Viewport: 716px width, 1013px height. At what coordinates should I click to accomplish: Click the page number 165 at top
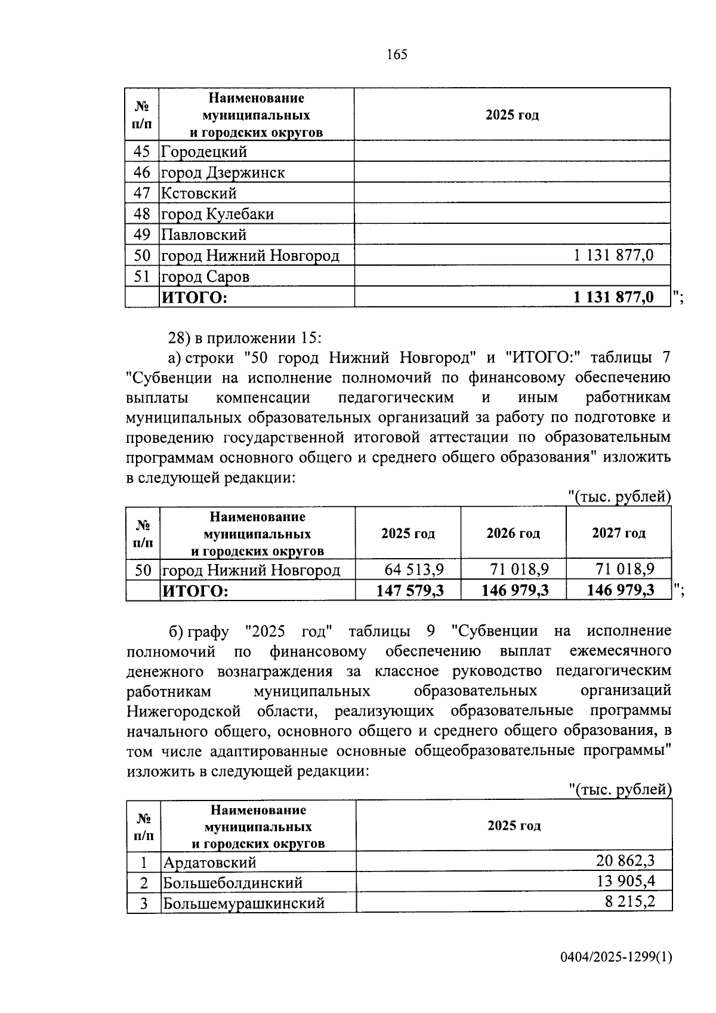coord(397,54)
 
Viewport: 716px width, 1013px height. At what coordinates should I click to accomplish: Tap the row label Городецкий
coord(204,152)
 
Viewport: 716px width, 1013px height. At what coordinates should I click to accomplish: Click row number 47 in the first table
coord(142,193)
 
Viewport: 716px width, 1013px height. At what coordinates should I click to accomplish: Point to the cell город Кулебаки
coord(218,214)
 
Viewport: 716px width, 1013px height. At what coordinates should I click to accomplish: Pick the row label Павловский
coord(204,235)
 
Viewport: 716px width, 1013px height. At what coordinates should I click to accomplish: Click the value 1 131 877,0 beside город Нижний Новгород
coord(613,255)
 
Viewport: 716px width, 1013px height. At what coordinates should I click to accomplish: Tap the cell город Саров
coord(206,276)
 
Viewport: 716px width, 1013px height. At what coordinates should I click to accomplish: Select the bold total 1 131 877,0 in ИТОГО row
coord(613,297)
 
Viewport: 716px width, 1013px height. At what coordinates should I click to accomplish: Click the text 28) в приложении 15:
coord(245,338)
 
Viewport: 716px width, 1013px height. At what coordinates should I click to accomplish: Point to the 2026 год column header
coord(513,533)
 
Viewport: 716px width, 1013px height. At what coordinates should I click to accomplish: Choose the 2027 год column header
coord(618,533)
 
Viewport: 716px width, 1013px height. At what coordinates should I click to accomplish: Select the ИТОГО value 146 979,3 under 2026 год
coord(515,590)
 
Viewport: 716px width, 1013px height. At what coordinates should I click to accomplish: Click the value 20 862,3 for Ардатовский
coord(625,860)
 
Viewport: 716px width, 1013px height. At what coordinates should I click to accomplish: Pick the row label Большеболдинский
coord(233,882)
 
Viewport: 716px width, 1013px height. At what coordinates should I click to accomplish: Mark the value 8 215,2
coord(629,901)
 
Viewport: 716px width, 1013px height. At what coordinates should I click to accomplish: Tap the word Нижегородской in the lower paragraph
coord(184,711)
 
